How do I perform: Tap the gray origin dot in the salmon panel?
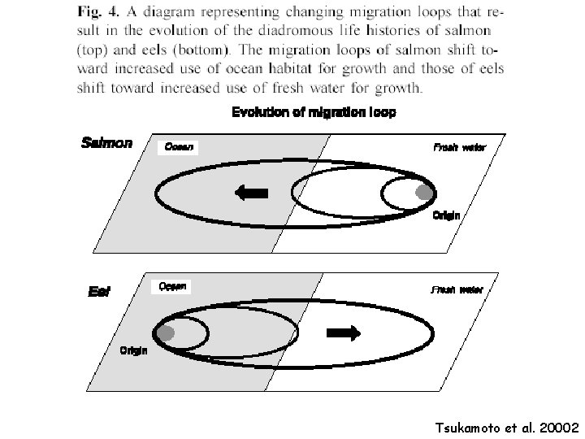point(423,193)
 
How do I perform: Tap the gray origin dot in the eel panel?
point(167,333)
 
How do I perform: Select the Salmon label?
point(106,143)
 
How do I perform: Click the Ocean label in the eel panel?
point(172,286)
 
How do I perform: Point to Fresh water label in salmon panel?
point(459,148)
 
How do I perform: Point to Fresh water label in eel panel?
point(457,289)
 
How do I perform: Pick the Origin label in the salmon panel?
point(446,216)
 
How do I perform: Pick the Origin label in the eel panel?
point(134,352)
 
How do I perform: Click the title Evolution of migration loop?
point(314,113)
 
